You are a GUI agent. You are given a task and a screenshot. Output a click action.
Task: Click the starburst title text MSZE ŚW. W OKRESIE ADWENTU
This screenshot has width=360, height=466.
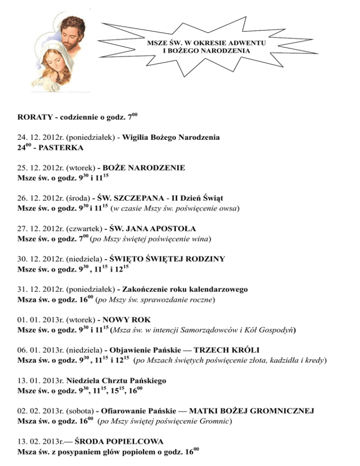tap(207, 43)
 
